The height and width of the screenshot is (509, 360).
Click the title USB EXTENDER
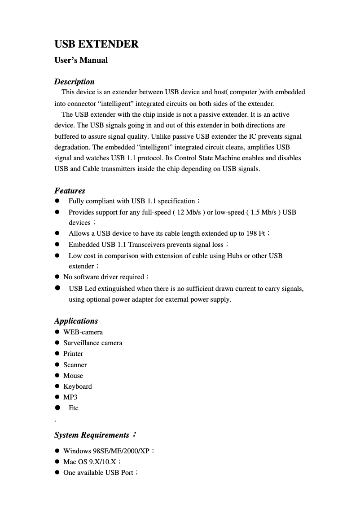click(97, 44)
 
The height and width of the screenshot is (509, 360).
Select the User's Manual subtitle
click(81, 60)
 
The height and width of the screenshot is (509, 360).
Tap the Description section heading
click(75, 82)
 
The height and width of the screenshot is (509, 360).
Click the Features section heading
click(70, 191)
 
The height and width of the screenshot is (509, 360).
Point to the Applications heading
click(76, 321)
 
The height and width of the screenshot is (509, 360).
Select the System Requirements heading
click(92, 435)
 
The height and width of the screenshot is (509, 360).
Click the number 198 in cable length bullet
click(251, 233)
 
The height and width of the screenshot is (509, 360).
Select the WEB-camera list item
click(83, 332)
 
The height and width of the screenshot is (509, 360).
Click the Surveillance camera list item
click(92, 343)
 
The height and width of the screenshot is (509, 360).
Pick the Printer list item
click(73, 354)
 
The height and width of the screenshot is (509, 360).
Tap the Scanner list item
click(75, 365)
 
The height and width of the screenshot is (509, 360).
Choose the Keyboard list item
click(77, 386)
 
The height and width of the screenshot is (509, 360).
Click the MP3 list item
click(70, 397)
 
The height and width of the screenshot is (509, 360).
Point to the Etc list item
click(73, 408)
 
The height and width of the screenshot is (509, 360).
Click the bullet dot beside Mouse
click(57, 376)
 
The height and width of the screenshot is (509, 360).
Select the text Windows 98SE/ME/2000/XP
click(106, 451)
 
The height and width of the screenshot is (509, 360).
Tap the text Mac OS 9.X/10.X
click(90, 461)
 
